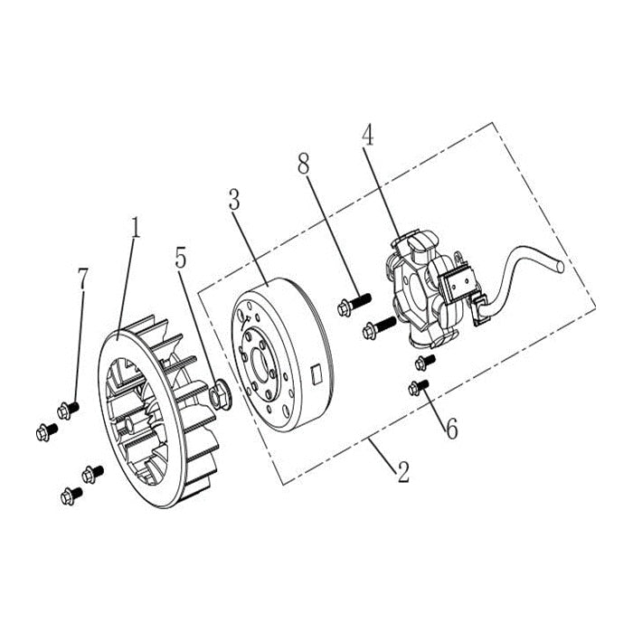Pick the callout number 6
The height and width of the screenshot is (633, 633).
point(449,426)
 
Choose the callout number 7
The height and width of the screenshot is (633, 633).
point(83,279)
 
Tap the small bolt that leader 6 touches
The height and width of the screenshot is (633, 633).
point(418,389)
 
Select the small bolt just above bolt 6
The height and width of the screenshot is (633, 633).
point(421,363)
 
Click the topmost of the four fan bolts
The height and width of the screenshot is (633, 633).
point(68,408)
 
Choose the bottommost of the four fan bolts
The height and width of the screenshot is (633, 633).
point(69,495)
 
